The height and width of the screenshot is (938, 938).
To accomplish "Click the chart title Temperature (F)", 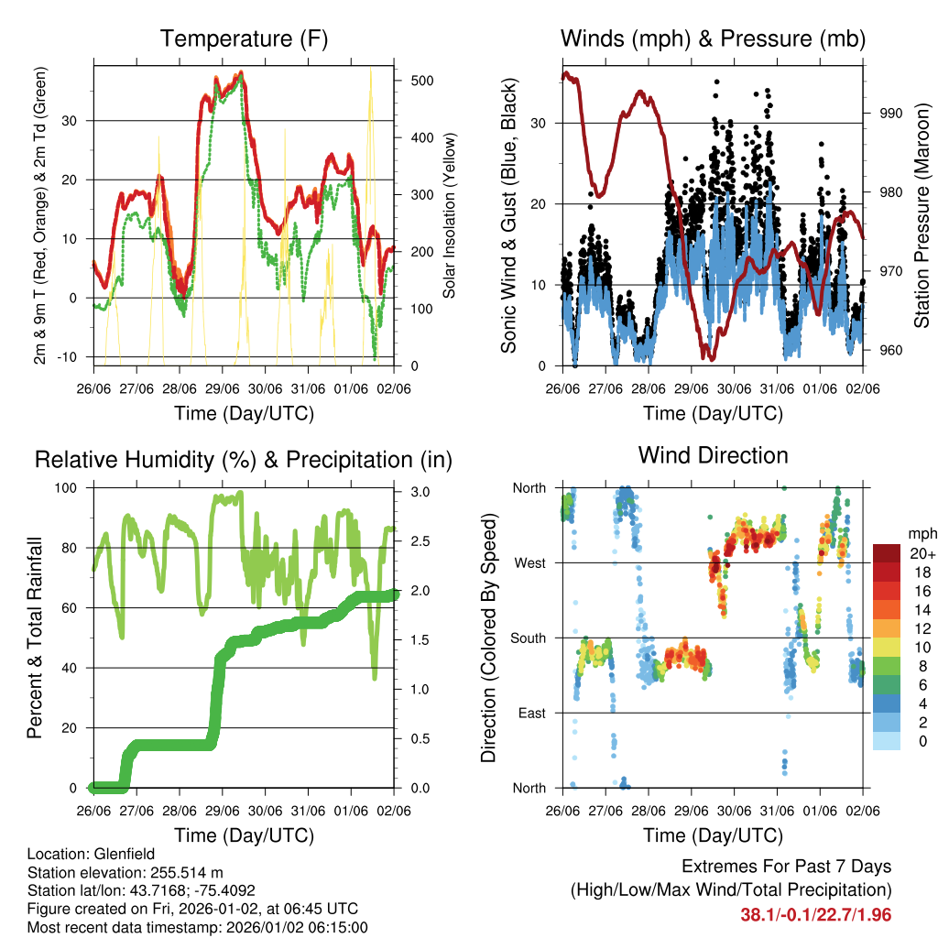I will click(x=244, y=38).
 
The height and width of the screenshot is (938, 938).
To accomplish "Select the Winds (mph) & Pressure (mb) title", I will click(x=714, y=38).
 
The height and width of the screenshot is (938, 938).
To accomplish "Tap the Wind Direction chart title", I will click(x=714, y=454).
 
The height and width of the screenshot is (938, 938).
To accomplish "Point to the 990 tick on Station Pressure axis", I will click(x=891, y=113).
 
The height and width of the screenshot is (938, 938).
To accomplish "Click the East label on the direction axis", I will click(x=531, y=713).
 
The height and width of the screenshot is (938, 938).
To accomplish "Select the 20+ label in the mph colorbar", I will click(x=921, y=553).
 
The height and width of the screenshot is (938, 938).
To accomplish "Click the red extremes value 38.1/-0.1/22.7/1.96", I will click(x=815, y=914).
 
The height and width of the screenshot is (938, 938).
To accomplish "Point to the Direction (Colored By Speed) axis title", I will click(x=489, y=638).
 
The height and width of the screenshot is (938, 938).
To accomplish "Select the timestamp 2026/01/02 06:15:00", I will click(x=289, y=927).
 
